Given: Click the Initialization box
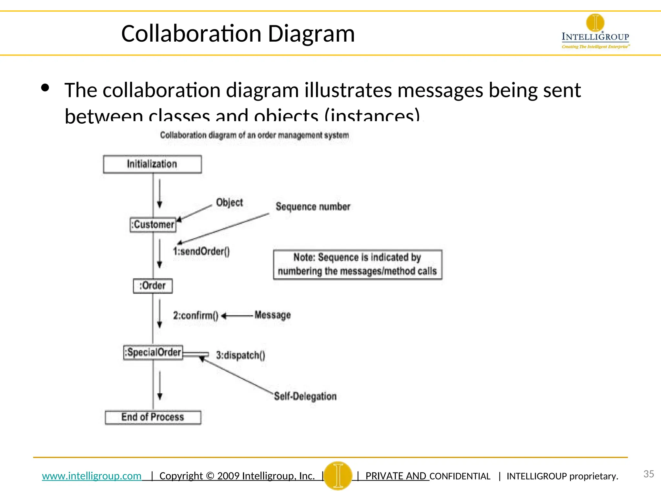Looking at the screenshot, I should point(152,164).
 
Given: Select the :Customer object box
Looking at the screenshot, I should point(153,224).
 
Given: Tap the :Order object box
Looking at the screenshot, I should point(153,286).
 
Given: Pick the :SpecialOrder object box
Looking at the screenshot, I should point(153,352).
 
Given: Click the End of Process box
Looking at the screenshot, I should point(153,417).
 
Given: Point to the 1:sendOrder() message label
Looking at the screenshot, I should point(201,251).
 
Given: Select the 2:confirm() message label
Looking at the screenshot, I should point(196,315).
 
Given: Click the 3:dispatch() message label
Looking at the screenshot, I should point(240,355).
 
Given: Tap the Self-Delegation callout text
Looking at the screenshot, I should point(305,396).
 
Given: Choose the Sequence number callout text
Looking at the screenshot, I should point(313,207).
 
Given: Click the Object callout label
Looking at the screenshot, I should point(229,202).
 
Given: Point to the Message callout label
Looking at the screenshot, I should point(272,315).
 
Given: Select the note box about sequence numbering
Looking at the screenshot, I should point(358,264).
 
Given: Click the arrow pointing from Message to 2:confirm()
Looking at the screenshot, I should point(237,316).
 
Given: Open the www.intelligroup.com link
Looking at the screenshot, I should point(92,476).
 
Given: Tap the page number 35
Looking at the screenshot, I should point(648,474).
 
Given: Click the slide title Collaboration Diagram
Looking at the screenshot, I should point(238,34).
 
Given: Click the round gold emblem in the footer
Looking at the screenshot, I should point(338,475).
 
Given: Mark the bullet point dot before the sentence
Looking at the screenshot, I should point(45,88).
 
